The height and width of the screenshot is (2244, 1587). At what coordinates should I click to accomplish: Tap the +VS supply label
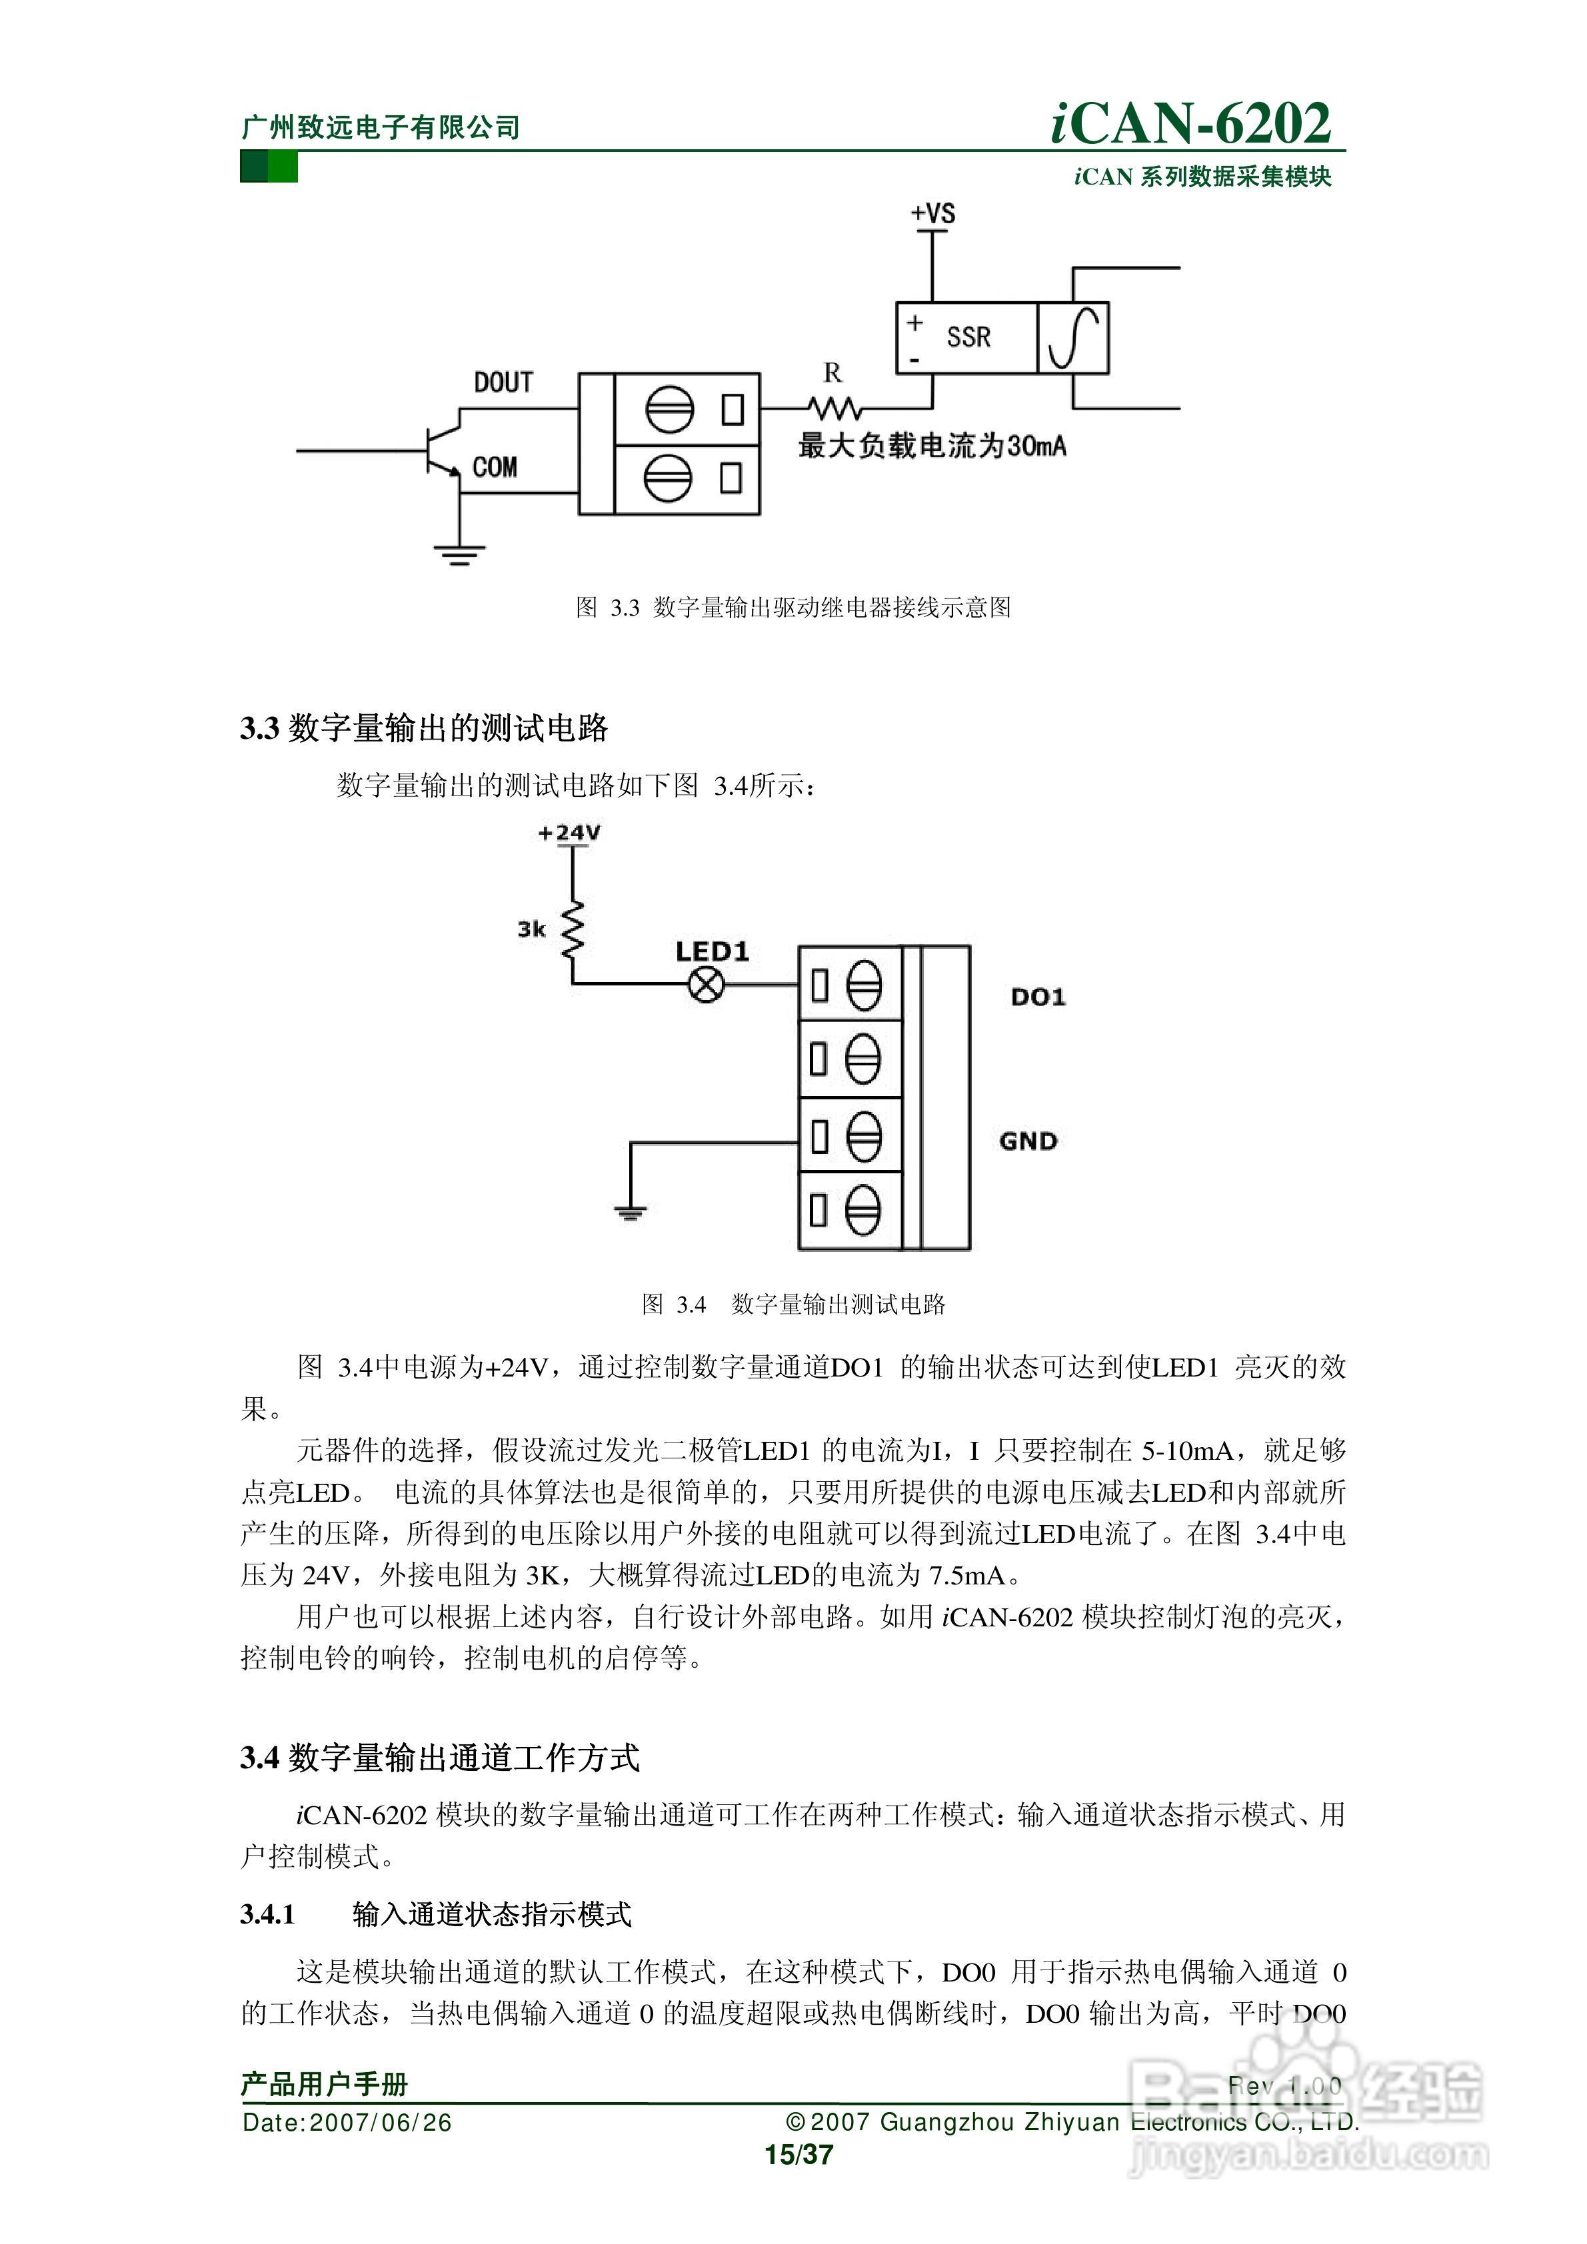933,213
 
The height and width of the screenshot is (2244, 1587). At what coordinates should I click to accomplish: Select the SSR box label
968,337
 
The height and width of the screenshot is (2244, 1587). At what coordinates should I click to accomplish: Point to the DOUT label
504,382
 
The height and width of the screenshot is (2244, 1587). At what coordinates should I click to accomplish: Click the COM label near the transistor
495,467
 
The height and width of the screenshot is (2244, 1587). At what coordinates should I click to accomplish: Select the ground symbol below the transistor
459,555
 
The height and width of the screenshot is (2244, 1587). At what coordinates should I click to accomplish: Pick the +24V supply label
569,833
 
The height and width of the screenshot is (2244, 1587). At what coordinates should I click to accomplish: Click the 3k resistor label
531,929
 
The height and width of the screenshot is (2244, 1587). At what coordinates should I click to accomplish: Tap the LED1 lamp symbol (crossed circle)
706,984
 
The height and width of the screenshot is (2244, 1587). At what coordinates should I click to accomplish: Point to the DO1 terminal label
1038,997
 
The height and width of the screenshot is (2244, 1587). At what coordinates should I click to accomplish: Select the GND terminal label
1028,1141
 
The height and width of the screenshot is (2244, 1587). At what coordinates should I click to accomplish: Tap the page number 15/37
798,2154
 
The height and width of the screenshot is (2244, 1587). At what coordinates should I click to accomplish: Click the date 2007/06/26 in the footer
381,2123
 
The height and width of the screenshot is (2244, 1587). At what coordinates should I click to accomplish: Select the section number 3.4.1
268,1914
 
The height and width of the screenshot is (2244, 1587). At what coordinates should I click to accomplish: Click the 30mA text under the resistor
1036,446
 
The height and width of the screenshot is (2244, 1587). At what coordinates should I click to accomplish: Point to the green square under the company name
269,167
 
